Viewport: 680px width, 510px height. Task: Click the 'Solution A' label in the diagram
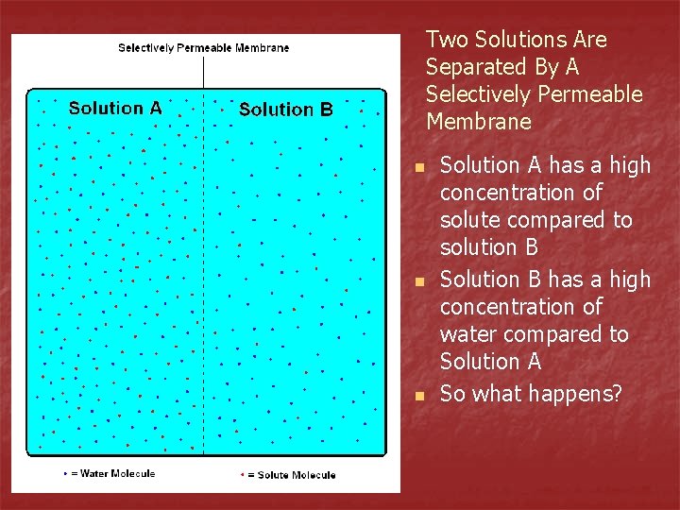pyautogui.click(x=115, y=108)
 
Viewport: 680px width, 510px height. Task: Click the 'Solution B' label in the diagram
pyautogui.click(x=285, y=110)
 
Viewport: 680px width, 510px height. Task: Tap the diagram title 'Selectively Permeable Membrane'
pyautogui.click(x=203, y=47)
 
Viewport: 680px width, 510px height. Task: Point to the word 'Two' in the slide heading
pyautogui.click(x=448, y=40)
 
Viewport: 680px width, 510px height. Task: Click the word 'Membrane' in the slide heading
pyautogui.click(x=479, y=122)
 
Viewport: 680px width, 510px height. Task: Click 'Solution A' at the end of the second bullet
pyautogui.click(x=491, y=362)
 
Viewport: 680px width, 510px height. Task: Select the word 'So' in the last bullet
pyautogui.click(x=452, y=394)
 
